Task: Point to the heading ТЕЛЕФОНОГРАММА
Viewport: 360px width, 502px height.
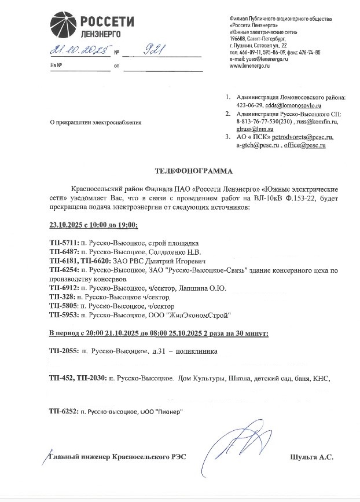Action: [x=194, y=171]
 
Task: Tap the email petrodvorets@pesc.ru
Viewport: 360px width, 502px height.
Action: [x=296, y=138]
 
